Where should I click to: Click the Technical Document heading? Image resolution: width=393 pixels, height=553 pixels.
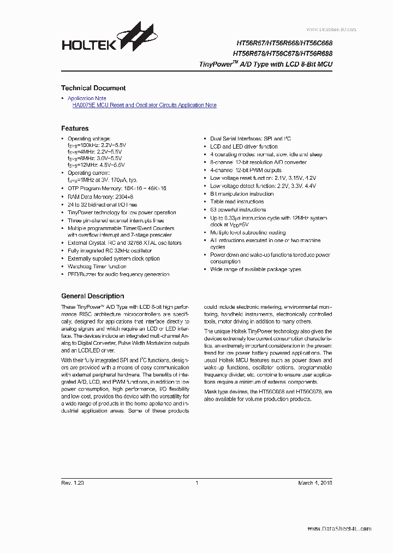tap(93, 88)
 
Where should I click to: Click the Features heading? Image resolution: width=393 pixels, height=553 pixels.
tap(75, 128)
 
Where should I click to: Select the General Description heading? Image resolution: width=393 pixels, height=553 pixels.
tap(92, 296)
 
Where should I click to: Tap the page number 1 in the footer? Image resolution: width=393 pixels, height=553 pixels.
tap(196, 483)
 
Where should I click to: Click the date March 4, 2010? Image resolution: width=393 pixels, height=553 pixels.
tap(315, 483)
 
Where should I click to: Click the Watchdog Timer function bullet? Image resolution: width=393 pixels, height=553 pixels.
tap(97, 267)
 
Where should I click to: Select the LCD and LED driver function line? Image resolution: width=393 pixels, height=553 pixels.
tap(244, 147)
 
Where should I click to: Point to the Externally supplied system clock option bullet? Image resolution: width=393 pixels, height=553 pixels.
tap(114, 258)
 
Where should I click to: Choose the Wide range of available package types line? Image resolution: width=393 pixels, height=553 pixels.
tap(255, 269)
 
